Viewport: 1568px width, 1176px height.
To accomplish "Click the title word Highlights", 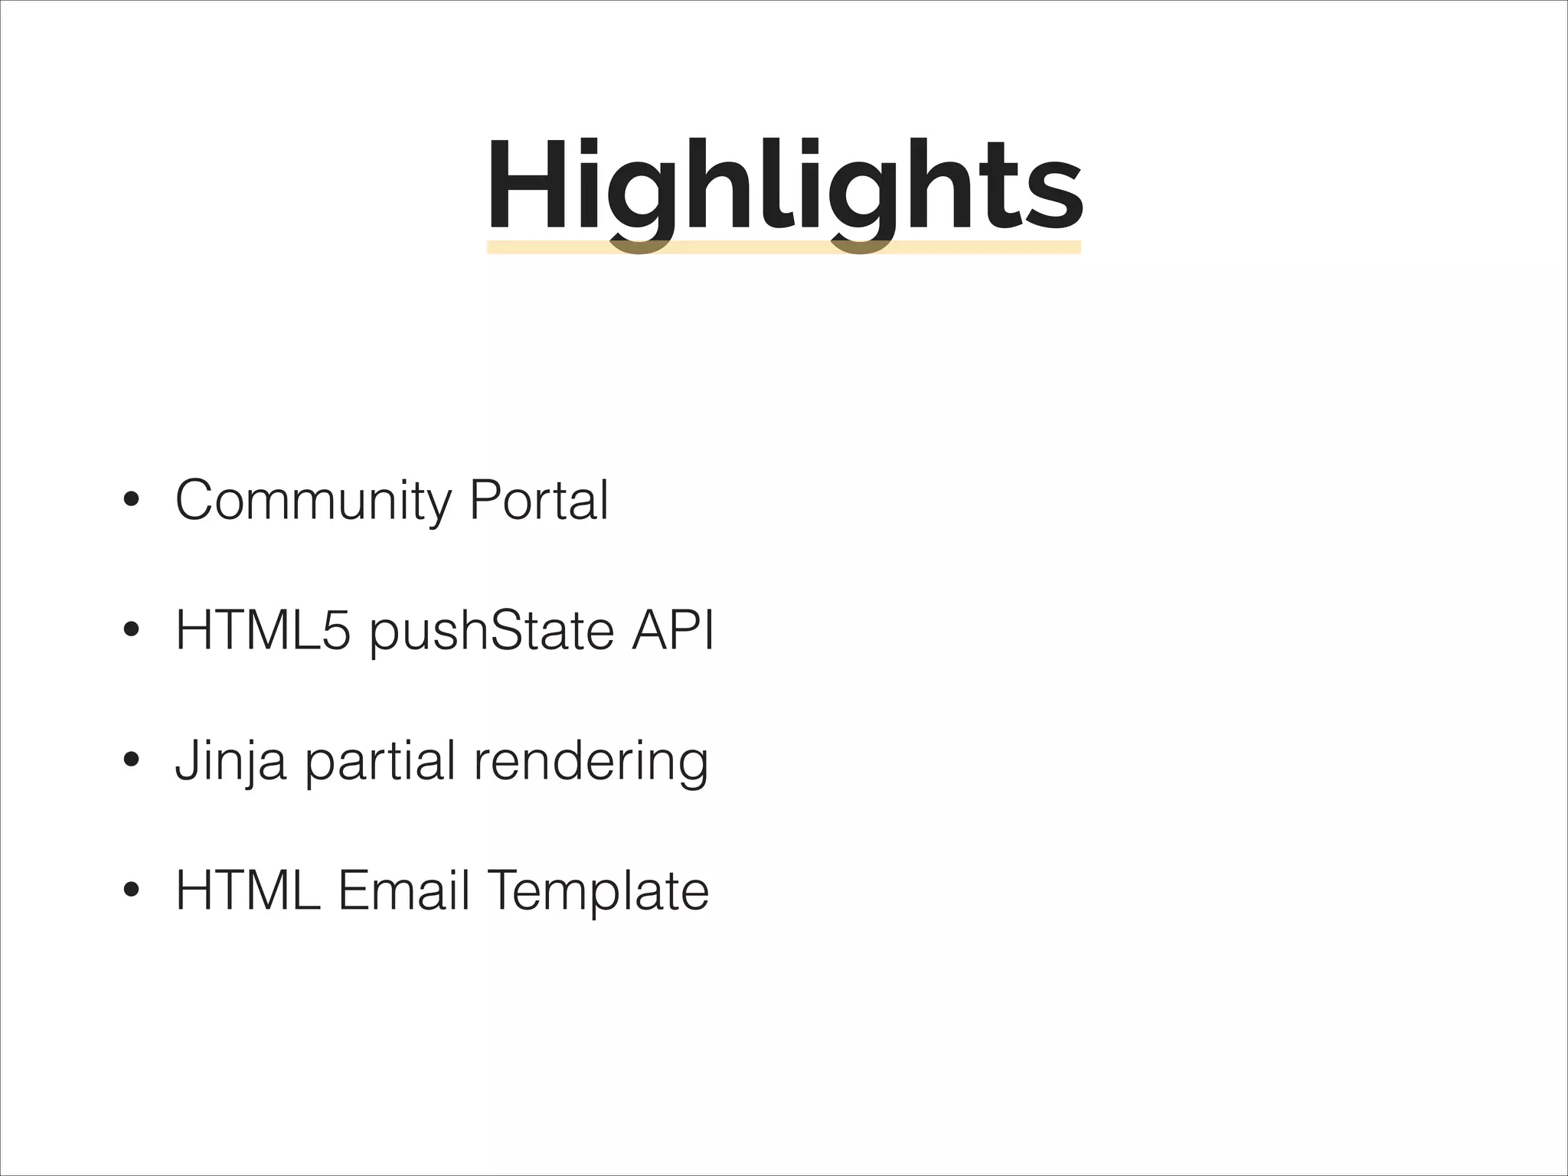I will [784, 188].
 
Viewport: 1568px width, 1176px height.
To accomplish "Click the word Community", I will [314, 501].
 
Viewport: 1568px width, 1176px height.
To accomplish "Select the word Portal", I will [539, 500].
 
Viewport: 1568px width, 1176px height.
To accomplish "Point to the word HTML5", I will [264, 631].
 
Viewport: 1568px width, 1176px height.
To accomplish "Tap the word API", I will [672, 631].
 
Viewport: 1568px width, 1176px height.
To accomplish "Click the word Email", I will [403, 890].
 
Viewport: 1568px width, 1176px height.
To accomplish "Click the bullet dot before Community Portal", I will [131, 501].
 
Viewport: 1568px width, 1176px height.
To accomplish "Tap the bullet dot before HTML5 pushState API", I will [131, 632].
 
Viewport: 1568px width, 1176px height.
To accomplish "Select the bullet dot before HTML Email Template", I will [131, 890].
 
